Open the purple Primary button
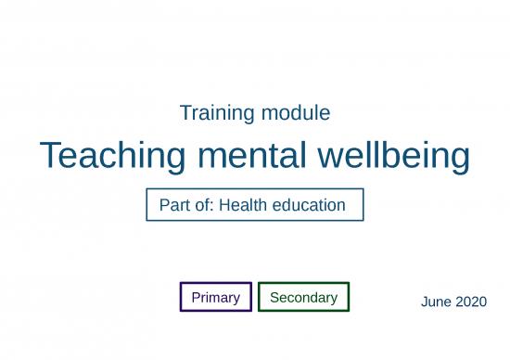[x=215, y=298]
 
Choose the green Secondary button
[x=303, y=298]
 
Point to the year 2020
[x=471, y=302]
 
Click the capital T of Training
[x=185, y=114]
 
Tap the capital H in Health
[x=224, y=205]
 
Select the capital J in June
[x=424, y=302]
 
